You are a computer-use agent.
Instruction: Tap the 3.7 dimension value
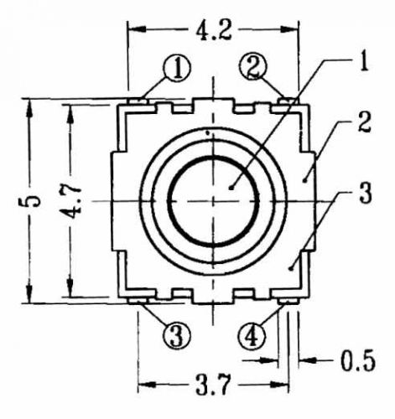(214, 385)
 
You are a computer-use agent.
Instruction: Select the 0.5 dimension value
(357, 360)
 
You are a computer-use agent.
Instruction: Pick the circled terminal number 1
(177, 68)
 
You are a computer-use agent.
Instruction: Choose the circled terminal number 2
(253, 67)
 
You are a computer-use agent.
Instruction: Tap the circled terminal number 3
(177, 335)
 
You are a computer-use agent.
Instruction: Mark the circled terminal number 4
(252, 335)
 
